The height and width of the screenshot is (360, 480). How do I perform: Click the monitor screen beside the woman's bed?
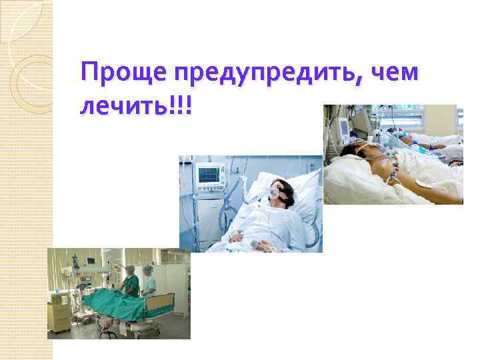tap(210, 175)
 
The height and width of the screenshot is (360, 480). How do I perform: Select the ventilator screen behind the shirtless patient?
tap(344, 125)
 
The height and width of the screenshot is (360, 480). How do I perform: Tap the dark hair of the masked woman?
tap(281, 184)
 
